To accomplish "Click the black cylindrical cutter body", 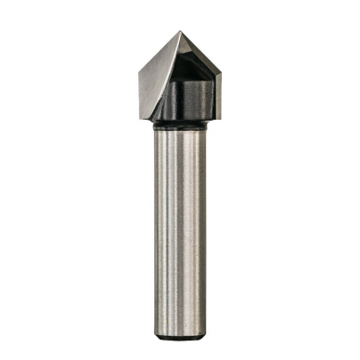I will click(191, 97).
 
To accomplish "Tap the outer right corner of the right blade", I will click(221, 74).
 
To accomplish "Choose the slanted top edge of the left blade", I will click(159, 53).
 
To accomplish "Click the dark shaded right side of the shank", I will click(199, 223).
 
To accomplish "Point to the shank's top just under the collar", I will click(181, 130).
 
